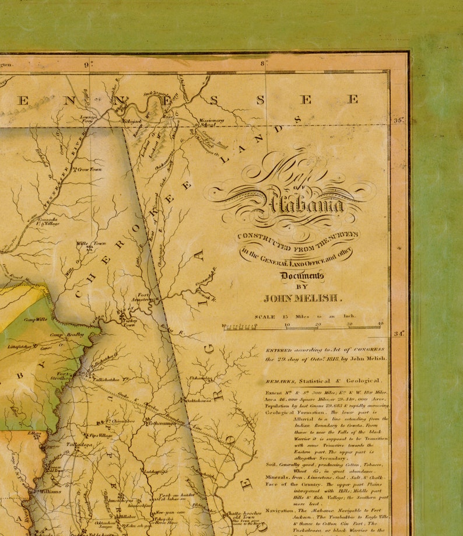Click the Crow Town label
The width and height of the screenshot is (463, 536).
pyautogui.click(x=89, y=169)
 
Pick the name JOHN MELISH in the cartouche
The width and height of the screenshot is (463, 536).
pyautogui.click(x=300, y=298)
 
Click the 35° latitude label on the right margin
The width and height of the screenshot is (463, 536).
pyautogui.click(x=399, y=121)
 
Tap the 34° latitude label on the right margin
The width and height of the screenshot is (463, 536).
pyautogui.click(x=399, y=334)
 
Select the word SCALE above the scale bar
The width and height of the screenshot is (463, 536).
pyautogui.click(x=265, y=317)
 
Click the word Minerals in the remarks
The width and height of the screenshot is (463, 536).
pyautogui.click(x=281, y=477)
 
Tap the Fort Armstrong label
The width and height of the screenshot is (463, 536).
pyautogui.click(x=146, y=297)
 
